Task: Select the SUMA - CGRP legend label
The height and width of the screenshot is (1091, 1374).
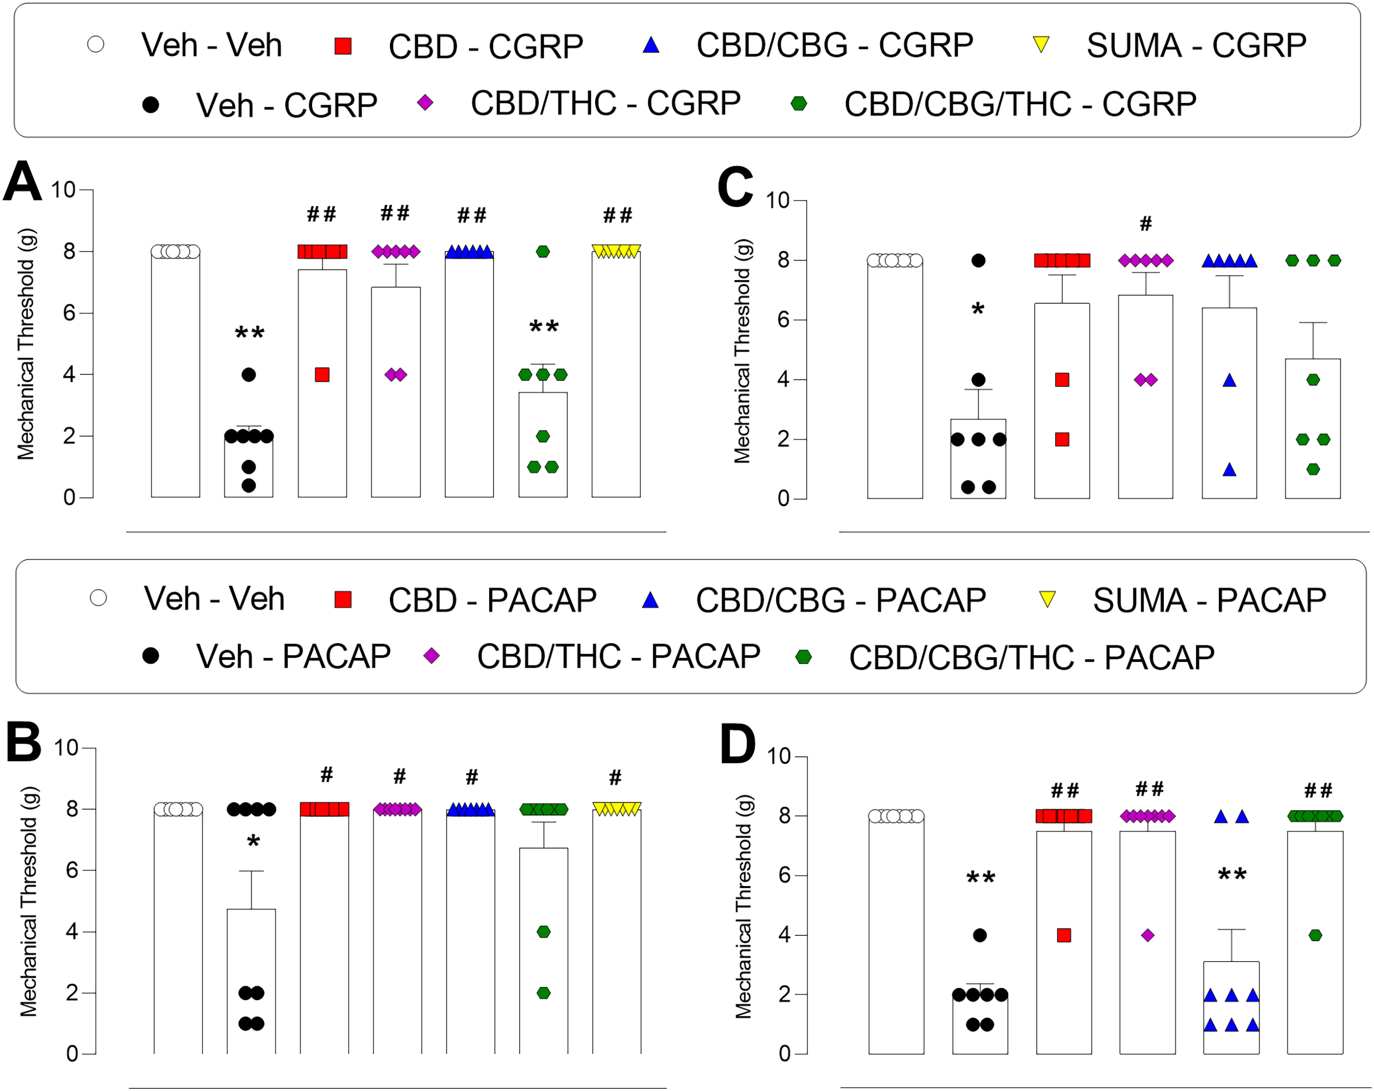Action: (1196, 45)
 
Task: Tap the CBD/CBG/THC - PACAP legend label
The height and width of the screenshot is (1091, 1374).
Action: (1032, 658)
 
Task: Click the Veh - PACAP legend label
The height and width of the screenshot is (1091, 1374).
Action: (293, 656)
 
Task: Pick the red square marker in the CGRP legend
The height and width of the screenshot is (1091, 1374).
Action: (343, 46)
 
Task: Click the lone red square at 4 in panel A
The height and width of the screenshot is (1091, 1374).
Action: (323, 375)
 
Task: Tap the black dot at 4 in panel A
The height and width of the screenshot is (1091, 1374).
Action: (249, 375)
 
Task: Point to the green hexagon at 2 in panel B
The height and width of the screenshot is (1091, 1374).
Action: (544, 993)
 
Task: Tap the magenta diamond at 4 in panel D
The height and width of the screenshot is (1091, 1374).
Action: (1148, 935)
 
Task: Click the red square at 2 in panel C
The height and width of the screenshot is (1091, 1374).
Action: (1062, 439)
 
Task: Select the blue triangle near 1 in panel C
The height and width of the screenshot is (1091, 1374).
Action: (1229, 470)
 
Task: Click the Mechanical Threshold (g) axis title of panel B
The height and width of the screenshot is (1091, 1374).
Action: (29, 902)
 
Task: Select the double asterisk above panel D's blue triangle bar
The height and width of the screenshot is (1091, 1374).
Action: (1232, 875)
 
